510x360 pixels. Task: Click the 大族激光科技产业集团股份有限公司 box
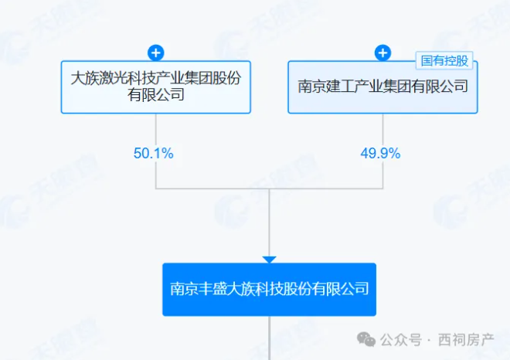click(x=156, y=87)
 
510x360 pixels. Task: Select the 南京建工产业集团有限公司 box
click(x=382, y=87)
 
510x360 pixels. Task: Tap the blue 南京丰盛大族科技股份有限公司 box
click(x=270, y=290)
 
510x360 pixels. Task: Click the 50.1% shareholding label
click(x=154, y=153)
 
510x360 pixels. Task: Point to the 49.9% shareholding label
click(x=380, y=153)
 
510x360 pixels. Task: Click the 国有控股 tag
click(x=444, y=61)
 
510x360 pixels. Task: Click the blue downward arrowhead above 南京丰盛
click(x=270, y=260)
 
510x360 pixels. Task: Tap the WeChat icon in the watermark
click(x=366, y=339)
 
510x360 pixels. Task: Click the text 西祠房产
click(x=466, y=340)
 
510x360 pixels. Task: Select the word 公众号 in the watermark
click(x=401, y=340)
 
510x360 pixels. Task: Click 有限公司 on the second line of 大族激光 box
click(x=156, y=94)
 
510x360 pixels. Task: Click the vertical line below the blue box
click(x=270, y=338)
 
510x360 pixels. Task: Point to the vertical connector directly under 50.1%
click(x=156, y=175)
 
